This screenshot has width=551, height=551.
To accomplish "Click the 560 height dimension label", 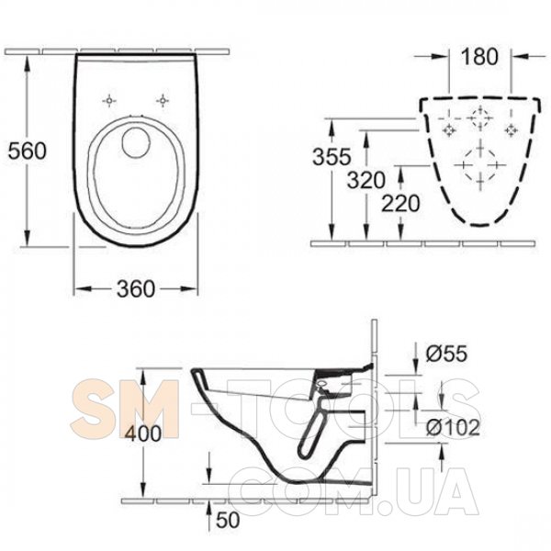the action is coord(27,151).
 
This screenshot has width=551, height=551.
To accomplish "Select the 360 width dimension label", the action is coord(136,289).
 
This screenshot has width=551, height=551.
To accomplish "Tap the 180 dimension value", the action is coord(479,56).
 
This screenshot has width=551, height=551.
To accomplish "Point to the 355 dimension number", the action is coord(332,156).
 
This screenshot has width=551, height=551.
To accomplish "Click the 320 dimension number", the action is coord(366,180).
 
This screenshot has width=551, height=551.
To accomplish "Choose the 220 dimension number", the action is coord(400,203).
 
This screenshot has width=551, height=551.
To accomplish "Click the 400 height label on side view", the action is coord(143,433).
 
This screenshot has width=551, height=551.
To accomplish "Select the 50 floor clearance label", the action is coord(228,520).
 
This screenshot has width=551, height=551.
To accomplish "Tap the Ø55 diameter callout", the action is coord(446,354).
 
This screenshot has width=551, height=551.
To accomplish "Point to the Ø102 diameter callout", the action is coord(453,427).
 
